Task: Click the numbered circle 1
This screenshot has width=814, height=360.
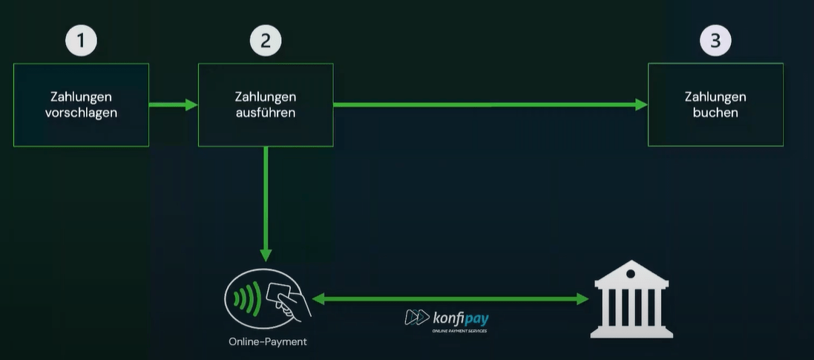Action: [81, 41]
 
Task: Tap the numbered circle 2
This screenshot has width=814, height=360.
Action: [266, 41]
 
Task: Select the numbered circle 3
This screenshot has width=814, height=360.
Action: [715, 41]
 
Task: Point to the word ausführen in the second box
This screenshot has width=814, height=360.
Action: [266, 113]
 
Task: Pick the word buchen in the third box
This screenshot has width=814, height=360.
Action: [715, 113]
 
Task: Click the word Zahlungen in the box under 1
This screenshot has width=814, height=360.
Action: [81, 97]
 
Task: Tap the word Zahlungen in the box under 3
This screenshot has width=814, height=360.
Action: [715, 97]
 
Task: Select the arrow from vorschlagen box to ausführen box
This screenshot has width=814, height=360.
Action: [173, 105]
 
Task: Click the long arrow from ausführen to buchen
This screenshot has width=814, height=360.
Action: [490, 105]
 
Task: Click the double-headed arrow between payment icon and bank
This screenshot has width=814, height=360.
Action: [449, 299]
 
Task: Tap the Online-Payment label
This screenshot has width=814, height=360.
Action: [268, 342]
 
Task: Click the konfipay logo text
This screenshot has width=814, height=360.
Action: [461, 318]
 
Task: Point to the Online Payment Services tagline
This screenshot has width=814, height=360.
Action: [461, 330]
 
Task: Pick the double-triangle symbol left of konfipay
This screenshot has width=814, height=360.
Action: [416, 318]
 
